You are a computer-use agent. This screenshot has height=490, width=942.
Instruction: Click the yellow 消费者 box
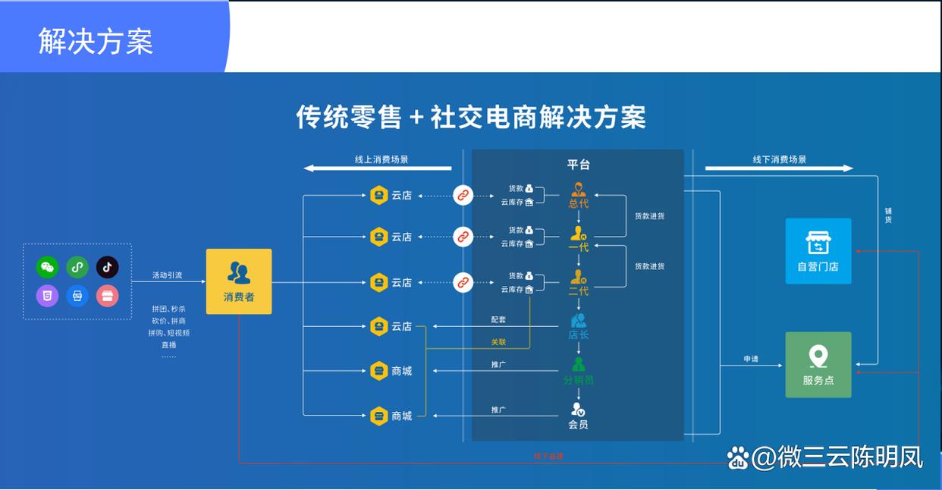[x=239, y=281]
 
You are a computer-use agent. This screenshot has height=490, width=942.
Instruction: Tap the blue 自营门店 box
[x=818, y=251]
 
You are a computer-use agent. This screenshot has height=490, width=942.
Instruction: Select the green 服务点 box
[x=818, y=365]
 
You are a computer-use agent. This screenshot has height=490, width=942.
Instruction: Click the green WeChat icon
[x=47, y=267]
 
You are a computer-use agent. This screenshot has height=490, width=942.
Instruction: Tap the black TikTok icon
[x=107, y=267]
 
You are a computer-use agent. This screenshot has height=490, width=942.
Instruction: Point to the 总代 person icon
[x=579, y=190]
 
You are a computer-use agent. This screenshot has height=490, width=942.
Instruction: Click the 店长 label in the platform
[x=578, y=335]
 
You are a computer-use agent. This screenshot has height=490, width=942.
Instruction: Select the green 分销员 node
[x=578, y=371]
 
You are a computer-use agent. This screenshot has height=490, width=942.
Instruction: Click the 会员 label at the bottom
[x=578, y=425]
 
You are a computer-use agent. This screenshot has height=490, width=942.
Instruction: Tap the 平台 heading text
[x=578, y=165]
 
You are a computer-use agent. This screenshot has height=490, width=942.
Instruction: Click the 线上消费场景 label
[x=382, y=159]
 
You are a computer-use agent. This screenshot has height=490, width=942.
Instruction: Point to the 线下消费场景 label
[x=780, y=159]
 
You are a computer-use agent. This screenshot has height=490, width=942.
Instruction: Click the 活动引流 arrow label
[x=167, y=275]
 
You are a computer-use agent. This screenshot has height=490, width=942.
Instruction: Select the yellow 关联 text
[x=498, y=342]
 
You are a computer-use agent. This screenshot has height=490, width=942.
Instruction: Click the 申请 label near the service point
[x=751, y=358]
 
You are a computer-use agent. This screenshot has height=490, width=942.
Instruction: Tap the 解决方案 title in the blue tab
[x=96, y=41]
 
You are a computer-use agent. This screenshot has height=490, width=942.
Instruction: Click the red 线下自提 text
[x=548, y=457]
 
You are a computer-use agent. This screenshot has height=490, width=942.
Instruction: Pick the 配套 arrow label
[x=498, y=319]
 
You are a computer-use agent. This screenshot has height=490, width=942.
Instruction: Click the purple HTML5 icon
[x=47, y=296]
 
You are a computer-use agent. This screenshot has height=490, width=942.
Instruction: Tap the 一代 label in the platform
[x=578, y=247]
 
